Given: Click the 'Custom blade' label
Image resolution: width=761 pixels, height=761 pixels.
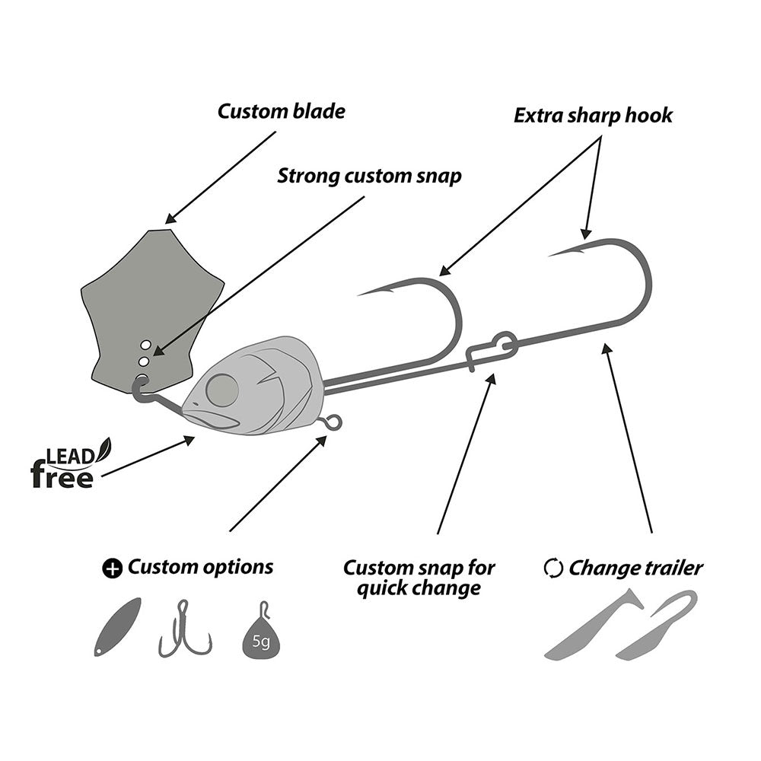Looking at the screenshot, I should point(281,112).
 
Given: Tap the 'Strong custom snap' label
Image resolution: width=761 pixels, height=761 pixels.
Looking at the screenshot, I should point(369,177).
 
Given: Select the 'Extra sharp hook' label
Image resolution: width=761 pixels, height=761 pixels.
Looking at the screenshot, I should point(593,116).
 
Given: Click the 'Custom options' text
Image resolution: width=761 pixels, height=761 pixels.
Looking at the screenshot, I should point(200,567).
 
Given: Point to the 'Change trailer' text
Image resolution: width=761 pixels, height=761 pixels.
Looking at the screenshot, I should point(635,568).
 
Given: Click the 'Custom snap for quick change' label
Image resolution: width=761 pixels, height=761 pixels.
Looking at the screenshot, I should point(419,578).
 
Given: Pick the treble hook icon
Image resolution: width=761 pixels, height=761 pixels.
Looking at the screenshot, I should point(183,632).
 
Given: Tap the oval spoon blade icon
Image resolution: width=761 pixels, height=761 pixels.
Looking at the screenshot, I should point(117,626).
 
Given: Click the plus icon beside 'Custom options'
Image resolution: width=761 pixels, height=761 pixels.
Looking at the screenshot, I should point(112,568).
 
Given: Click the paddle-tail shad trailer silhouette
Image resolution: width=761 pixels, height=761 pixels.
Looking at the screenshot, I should point(590,628).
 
